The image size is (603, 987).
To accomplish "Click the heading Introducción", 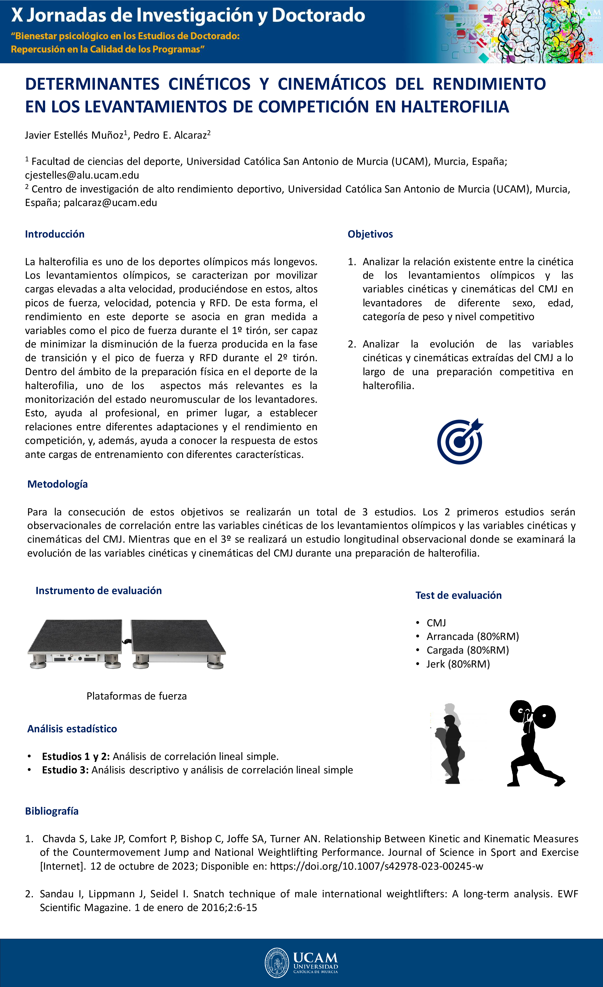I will pos(55,234).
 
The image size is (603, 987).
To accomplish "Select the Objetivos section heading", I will pos(370,234).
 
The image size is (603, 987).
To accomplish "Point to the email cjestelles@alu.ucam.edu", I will pos(82,175).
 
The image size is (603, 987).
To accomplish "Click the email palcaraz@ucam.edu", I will pos(110,203).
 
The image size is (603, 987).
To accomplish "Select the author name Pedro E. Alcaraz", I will pos(170,135).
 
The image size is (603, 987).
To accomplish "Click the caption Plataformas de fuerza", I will pos(136,696).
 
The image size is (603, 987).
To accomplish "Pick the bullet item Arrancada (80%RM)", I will pos(473,636).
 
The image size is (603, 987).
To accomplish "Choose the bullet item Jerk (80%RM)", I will pos(458,664).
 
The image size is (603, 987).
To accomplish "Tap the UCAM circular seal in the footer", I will pos(277,963).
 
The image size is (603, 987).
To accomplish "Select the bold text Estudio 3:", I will pos(65,770).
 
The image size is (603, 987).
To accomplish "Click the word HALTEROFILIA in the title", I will pos(455,107).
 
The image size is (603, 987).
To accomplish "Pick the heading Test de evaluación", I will pos(458,595).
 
